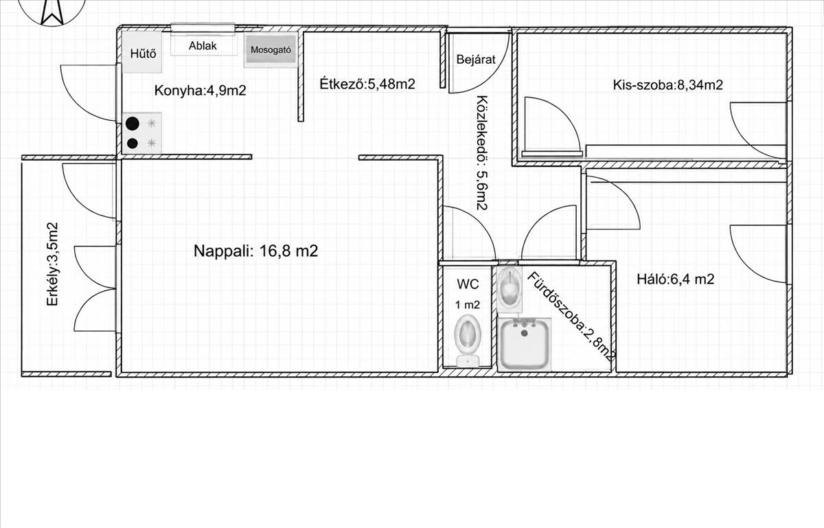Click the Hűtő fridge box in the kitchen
[142, 52]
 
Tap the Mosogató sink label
[271, 49]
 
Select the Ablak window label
[203, 45]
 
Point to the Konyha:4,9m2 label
[200, 90]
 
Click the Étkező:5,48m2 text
[367, 84]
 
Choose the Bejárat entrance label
[476, 59]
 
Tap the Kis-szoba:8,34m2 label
[667, 85]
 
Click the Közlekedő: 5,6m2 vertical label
[482, 152]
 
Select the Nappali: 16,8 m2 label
[255, 251]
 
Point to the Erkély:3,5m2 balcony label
[53, 264]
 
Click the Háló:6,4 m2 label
[676, 279]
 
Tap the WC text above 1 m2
[468, 284]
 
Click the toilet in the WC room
[468, 341]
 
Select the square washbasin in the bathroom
[524, 344]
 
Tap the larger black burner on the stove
[133, 124]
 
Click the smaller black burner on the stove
[132, 143]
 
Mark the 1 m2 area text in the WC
[468, 305]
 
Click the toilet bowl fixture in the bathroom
[510, 289]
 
